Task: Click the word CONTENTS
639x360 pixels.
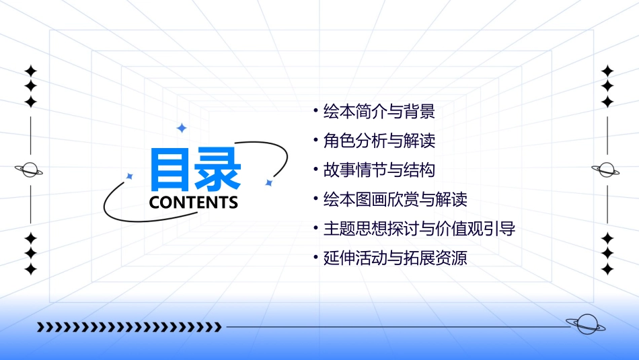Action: pyautogui.click(x=193, y=202)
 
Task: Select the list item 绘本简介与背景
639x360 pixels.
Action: pyautogui.click(x=379, y=111)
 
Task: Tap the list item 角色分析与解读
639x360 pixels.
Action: pyautogui.click(x=379, y=141)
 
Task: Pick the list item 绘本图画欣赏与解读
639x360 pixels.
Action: pyautogui.click(x=395, y=200)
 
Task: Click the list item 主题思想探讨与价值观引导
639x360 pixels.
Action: pyautogui.click(x=419, y=229)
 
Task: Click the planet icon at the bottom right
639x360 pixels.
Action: pyautogui.click(x=586, y=324)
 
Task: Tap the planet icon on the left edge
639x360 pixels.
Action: pyautogui.click(x=30, y=170)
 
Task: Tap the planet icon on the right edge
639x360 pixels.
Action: pyautogui.click(x=606, y=170)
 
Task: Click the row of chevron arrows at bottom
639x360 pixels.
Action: pyautogui.click(x=129, y=327)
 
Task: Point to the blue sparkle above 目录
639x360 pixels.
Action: pyautogui.click(x=181, y=127)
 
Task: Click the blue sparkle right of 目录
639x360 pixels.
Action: pyautogui.click(x=268, y=182)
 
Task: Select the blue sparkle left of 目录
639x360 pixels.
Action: pyautogui.click(x=130, y=176)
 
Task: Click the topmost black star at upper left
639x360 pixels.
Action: pyautogui.click(x=30, y=71)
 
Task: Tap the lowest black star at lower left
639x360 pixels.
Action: pyautogui.click(x=30, y=269)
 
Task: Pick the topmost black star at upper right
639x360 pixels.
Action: pyautogui.click(x=607, y=71)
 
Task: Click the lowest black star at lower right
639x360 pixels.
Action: pyautogui.click(x=607, y=269)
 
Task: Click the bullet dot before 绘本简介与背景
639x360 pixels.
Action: pyautogui.click(x=315, y=110)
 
